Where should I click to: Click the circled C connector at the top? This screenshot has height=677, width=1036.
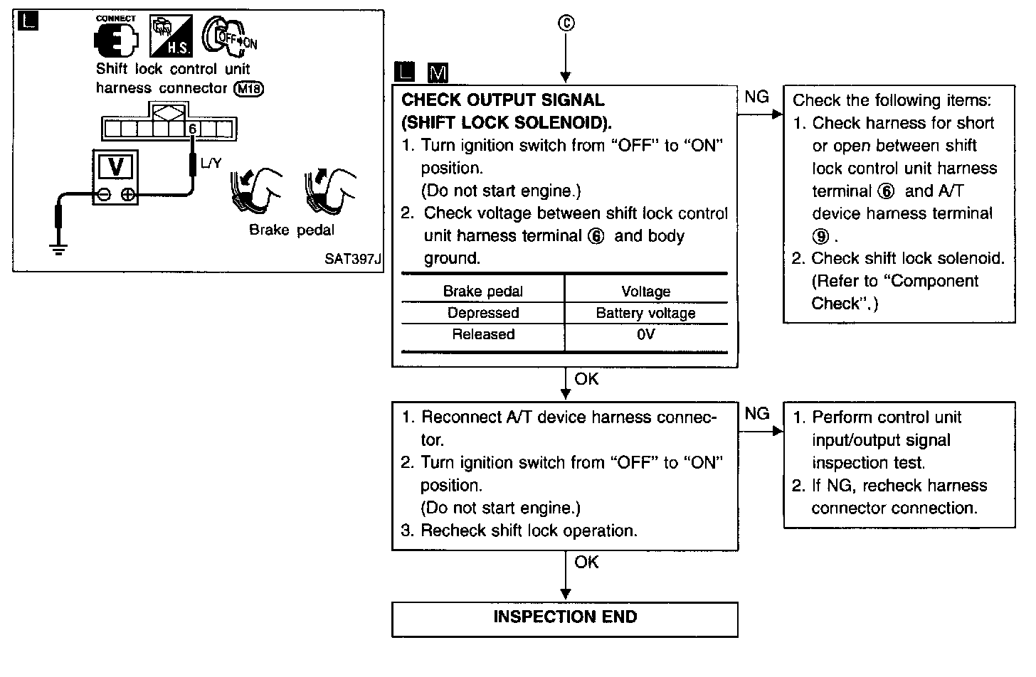click(x=566, y=23)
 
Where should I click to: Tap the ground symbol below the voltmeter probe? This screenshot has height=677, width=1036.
click(x=58, y=248)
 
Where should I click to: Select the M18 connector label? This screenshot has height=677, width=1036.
click(x=248, y=89)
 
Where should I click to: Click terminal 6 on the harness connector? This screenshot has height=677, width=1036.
click(x=192, y=129)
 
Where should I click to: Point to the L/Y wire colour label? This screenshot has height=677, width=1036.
click(x=211, y=164)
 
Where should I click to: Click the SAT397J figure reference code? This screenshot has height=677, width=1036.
click(x=352, y=259)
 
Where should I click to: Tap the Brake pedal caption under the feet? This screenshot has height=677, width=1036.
click(x=291, y=230)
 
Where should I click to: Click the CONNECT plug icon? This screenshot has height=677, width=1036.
click(x=116, y=40)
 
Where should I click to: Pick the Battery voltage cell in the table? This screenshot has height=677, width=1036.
click(x=645, y=313)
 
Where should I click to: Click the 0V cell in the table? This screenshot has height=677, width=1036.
click(x=645, y=334)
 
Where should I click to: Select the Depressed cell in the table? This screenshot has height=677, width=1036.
click(x=483, y=313)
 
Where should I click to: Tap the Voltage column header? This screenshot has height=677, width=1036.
click(x=645, y=291)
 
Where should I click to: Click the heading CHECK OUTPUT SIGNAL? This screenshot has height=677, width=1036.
click(x=503, y=100)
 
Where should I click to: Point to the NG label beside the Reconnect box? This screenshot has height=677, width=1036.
click(x=757, y=413)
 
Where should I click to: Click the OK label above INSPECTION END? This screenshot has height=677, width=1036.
click(x=586, y=562)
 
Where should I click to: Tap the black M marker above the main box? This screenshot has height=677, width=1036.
click(x=438, y=73)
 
